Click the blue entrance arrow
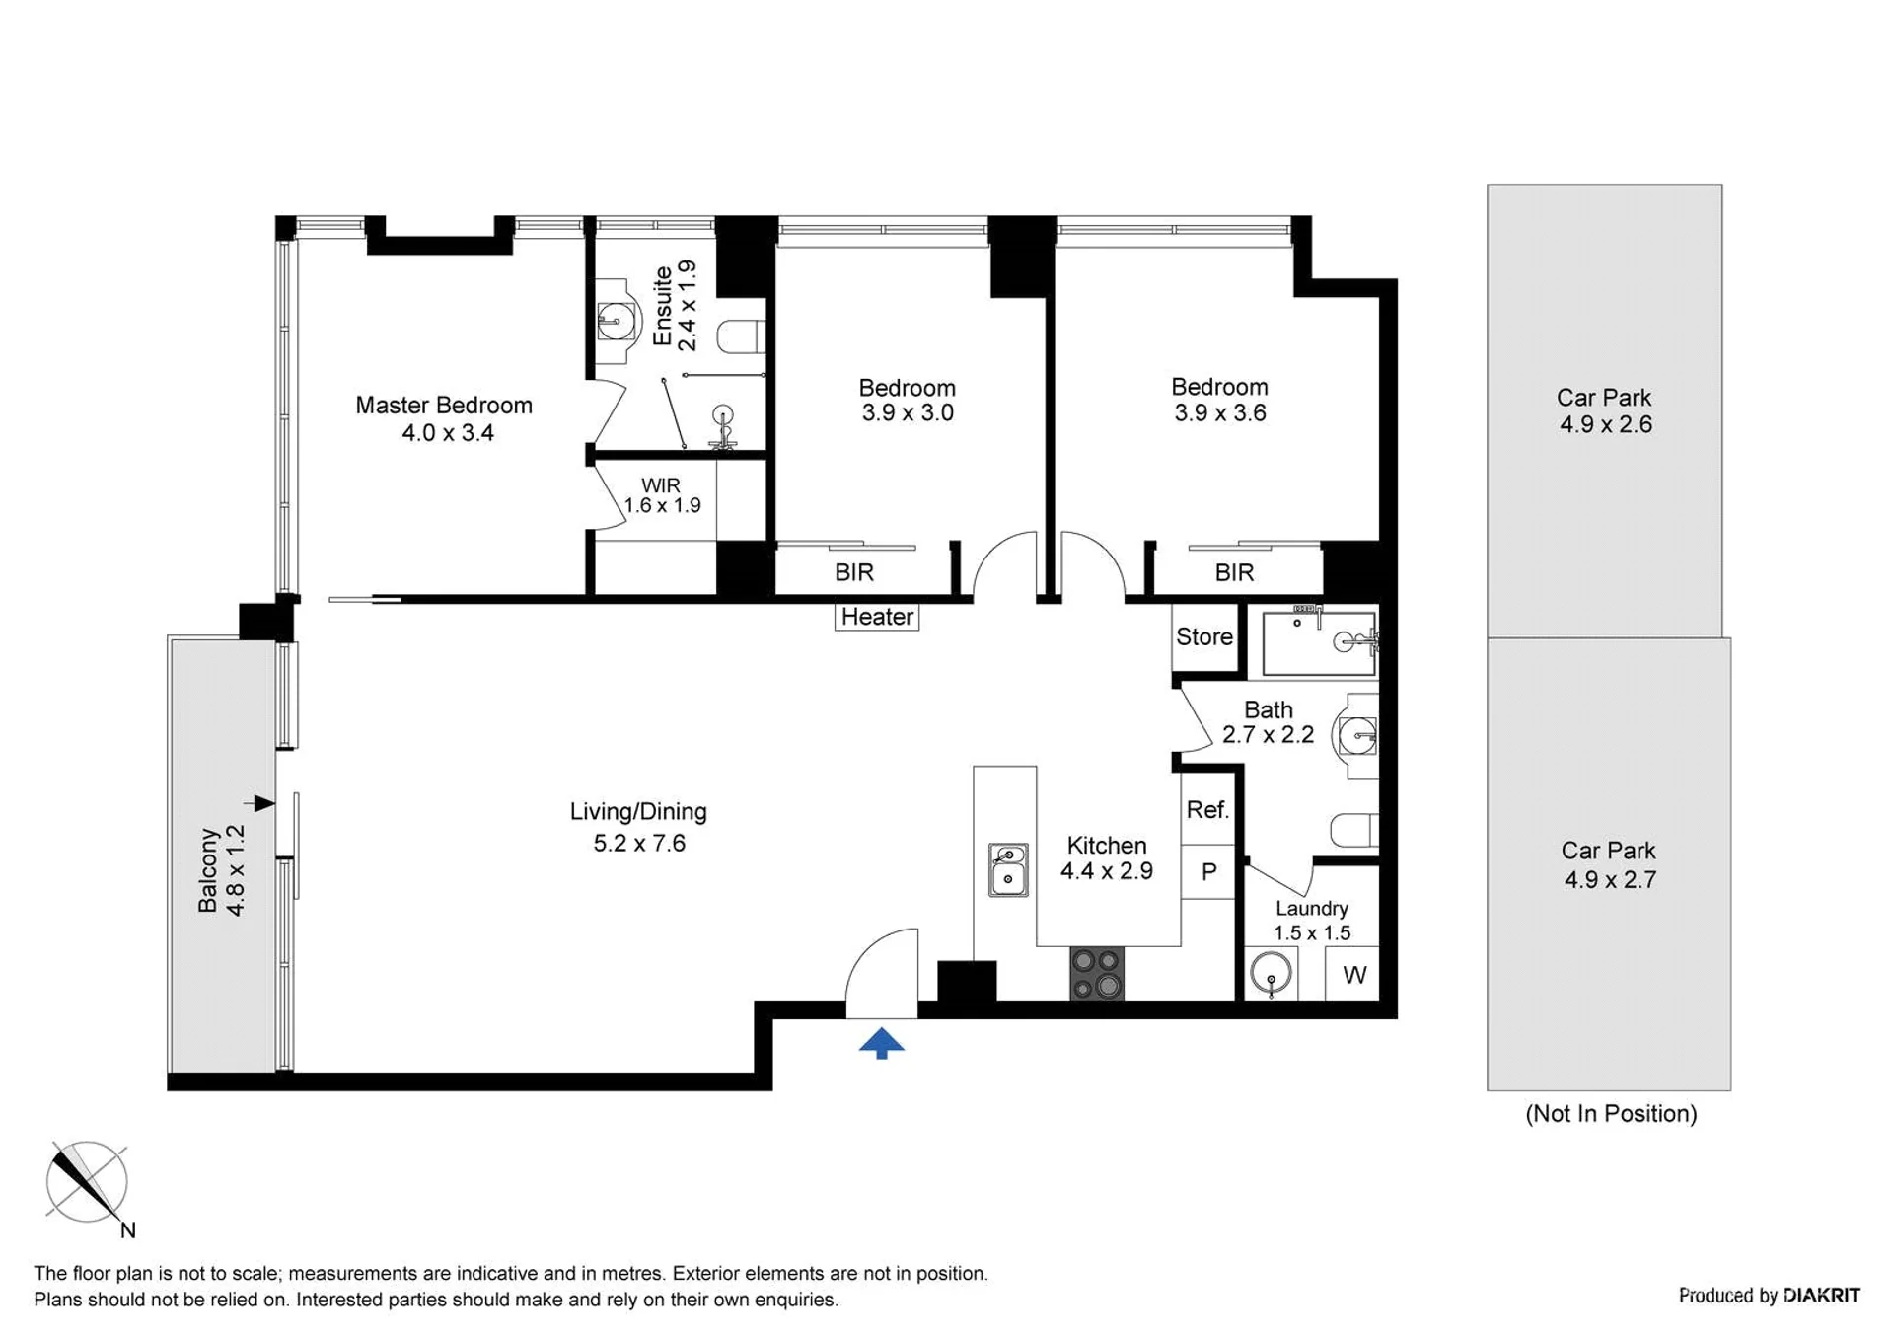tap(881, 1043)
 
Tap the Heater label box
tap(877, 617)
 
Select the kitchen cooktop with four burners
tap(1097, 973)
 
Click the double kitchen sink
tap(1008, 869)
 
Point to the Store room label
tap(1204, 636)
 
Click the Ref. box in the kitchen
tap(1207, 809)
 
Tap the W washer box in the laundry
tap(1353, 975)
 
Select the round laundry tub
tap(1271, 974)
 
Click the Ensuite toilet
tap(741, 335)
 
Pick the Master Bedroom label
tap(444, 405)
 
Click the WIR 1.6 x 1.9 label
tap(662, 495)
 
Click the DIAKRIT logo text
tap(1821, 1295)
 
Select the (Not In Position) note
tap(1611, 1113)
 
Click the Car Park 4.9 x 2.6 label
tap(1605, 410)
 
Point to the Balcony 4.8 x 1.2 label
tap(221, 870)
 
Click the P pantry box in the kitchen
tap(1208, 871)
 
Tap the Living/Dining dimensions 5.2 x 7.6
tap(639, 843)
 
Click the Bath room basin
tap(1357, 735)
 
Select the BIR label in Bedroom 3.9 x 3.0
tap(854, 572)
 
